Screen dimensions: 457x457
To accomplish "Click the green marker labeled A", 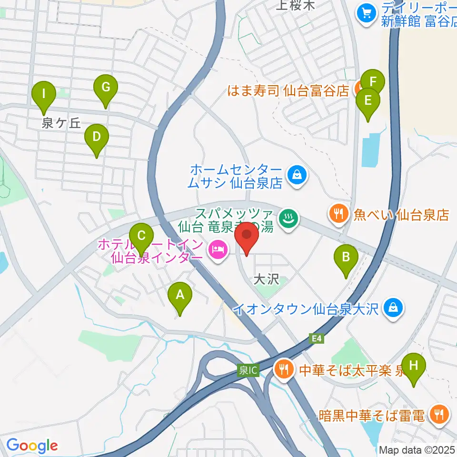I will coord(180,296).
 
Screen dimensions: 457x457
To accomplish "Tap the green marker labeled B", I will coord(347,258).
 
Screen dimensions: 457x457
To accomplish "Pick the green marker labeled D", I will coord(96,139).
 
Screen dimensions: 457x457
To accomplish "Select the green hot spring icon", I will coord(290,219).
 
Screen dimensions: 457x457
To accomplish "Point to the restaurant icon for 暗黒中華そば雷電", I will coord(437,414).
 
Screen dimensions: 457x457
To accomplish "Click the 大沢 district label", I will coord(266,279).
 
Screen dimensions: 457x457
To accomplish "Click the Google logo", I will coord(32,446).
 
